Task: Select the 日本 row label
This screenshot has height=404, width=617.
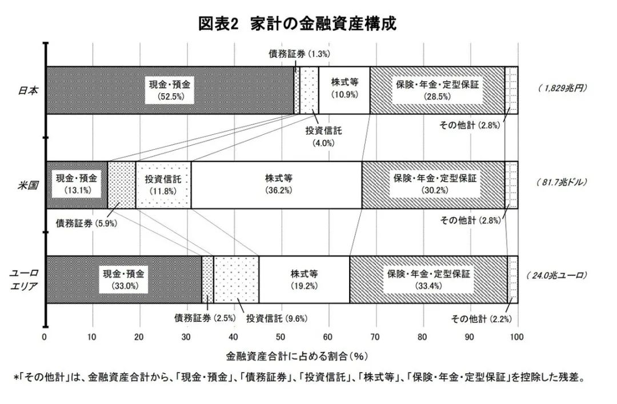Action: click(x=27, y=90)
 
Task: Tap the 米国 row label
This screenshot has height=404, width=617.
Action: click(x=27, y=185)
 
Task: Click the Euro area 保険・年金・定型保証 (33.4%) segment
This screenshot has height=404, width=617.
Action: click(x=428, y=279)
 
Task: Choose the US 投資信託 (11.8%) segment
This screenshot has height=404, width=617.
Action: click(x=163, y=185)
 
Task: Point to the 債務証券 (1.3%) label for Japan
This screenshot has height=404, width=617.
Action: click(x=299, y=54)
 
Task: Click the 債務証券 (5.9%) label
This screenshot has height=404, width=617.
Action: click(x=86, y=223)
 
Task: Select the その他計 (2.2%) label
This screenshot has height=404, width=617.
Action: click(x=480, y=318)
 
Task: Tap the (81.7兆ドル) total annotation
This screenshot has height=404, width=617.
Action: click(x=562, y=183)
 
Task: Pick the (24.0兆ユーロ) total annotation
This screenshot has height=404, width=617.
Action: click(x=557, y=275)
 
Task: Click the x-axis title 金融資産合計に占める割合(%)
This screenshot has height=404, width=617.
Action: click(x=296, y=355)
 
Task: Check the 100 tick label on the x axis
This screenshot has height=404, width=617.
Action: click(x=517, y=337)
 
